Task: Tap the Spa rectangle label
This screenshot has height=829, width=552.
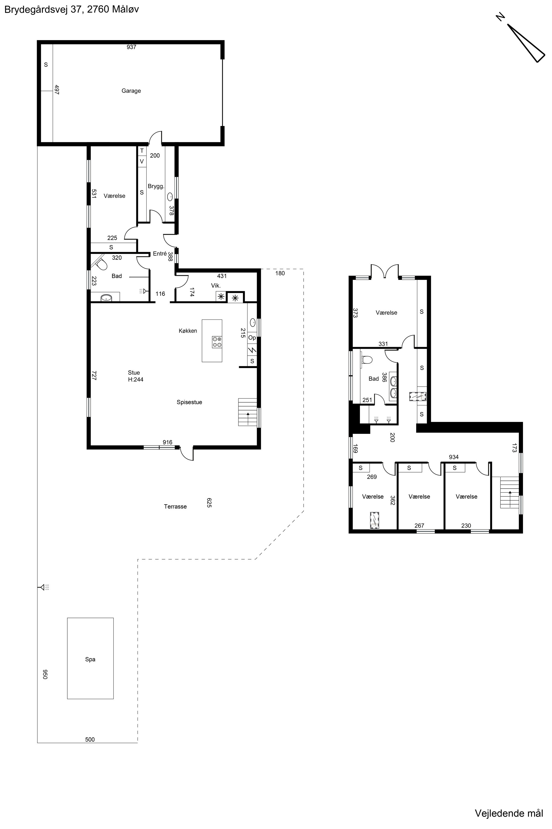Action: tap(90, 659)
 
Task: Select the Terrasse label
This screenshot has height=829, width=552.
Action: tap(175, 507)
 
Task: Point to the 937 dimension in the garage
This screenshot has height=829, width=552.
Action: tap(131, 47)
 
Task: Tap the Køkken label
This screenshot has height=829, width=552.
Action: tap(188, 330)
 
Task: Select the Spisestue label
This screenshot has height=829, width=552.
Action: tap(189, 402)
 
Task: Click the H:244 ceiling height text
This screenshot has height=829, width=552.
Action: tap(136, 380)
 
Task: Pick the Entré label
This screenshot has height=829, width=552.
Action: tap(160, 253)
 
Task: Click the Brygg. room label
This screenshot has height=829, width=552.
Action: tap(156, 187)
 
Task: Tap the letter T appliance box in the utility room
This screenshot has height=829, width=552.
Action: tap(142, 151)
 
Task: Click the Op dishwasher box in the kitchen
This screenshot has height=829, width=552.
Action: tap(252, 338)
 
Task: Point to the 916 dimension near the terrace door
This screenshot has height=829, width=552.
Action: tap(168, 442)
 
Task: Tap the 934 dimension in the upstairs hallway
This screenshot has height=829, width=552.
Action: tap(454, 457)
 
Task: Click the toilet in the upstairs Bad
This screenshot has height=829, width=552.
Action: tap(367, 360)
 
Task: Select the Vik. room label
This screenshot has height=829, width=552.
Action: tap(216, 285)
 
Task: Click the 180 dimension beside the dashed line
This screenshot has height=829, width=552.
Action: tap(280, 273)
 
